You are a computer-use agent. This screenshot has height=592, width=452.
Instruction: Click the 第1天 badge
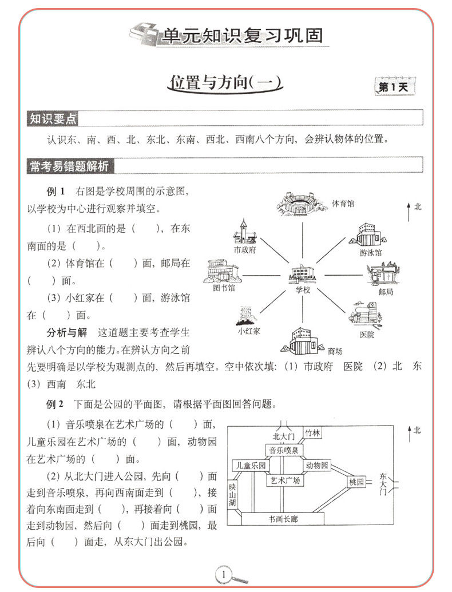393,87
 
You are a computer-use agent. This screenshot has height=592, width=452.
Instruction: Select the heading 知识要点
53,120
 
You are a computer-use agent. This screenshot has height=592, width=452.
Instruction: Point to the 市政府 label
244,250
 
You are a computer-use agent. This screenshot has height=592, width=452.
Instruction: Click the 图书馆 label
224,288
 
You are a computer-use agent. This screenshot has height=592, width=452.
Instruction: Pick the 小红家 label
249,331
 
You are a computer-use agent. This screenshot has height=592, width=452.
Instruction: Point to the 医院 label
367,335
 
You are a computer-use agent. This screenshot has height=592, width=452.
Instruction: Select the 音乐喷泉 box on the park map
284,451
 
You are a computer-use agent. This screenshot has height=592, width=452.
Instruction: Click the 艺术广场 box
284,480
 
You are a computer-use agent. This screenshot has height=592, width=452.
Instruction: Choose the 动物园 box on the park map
317,465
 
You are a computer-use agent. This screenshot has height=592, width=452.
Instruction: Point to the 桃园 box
356,482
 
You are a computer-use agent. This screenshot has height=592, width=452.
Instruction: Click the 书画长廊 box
286,519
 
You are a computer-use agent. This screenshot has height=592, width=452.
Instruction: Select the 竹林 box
312,432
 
